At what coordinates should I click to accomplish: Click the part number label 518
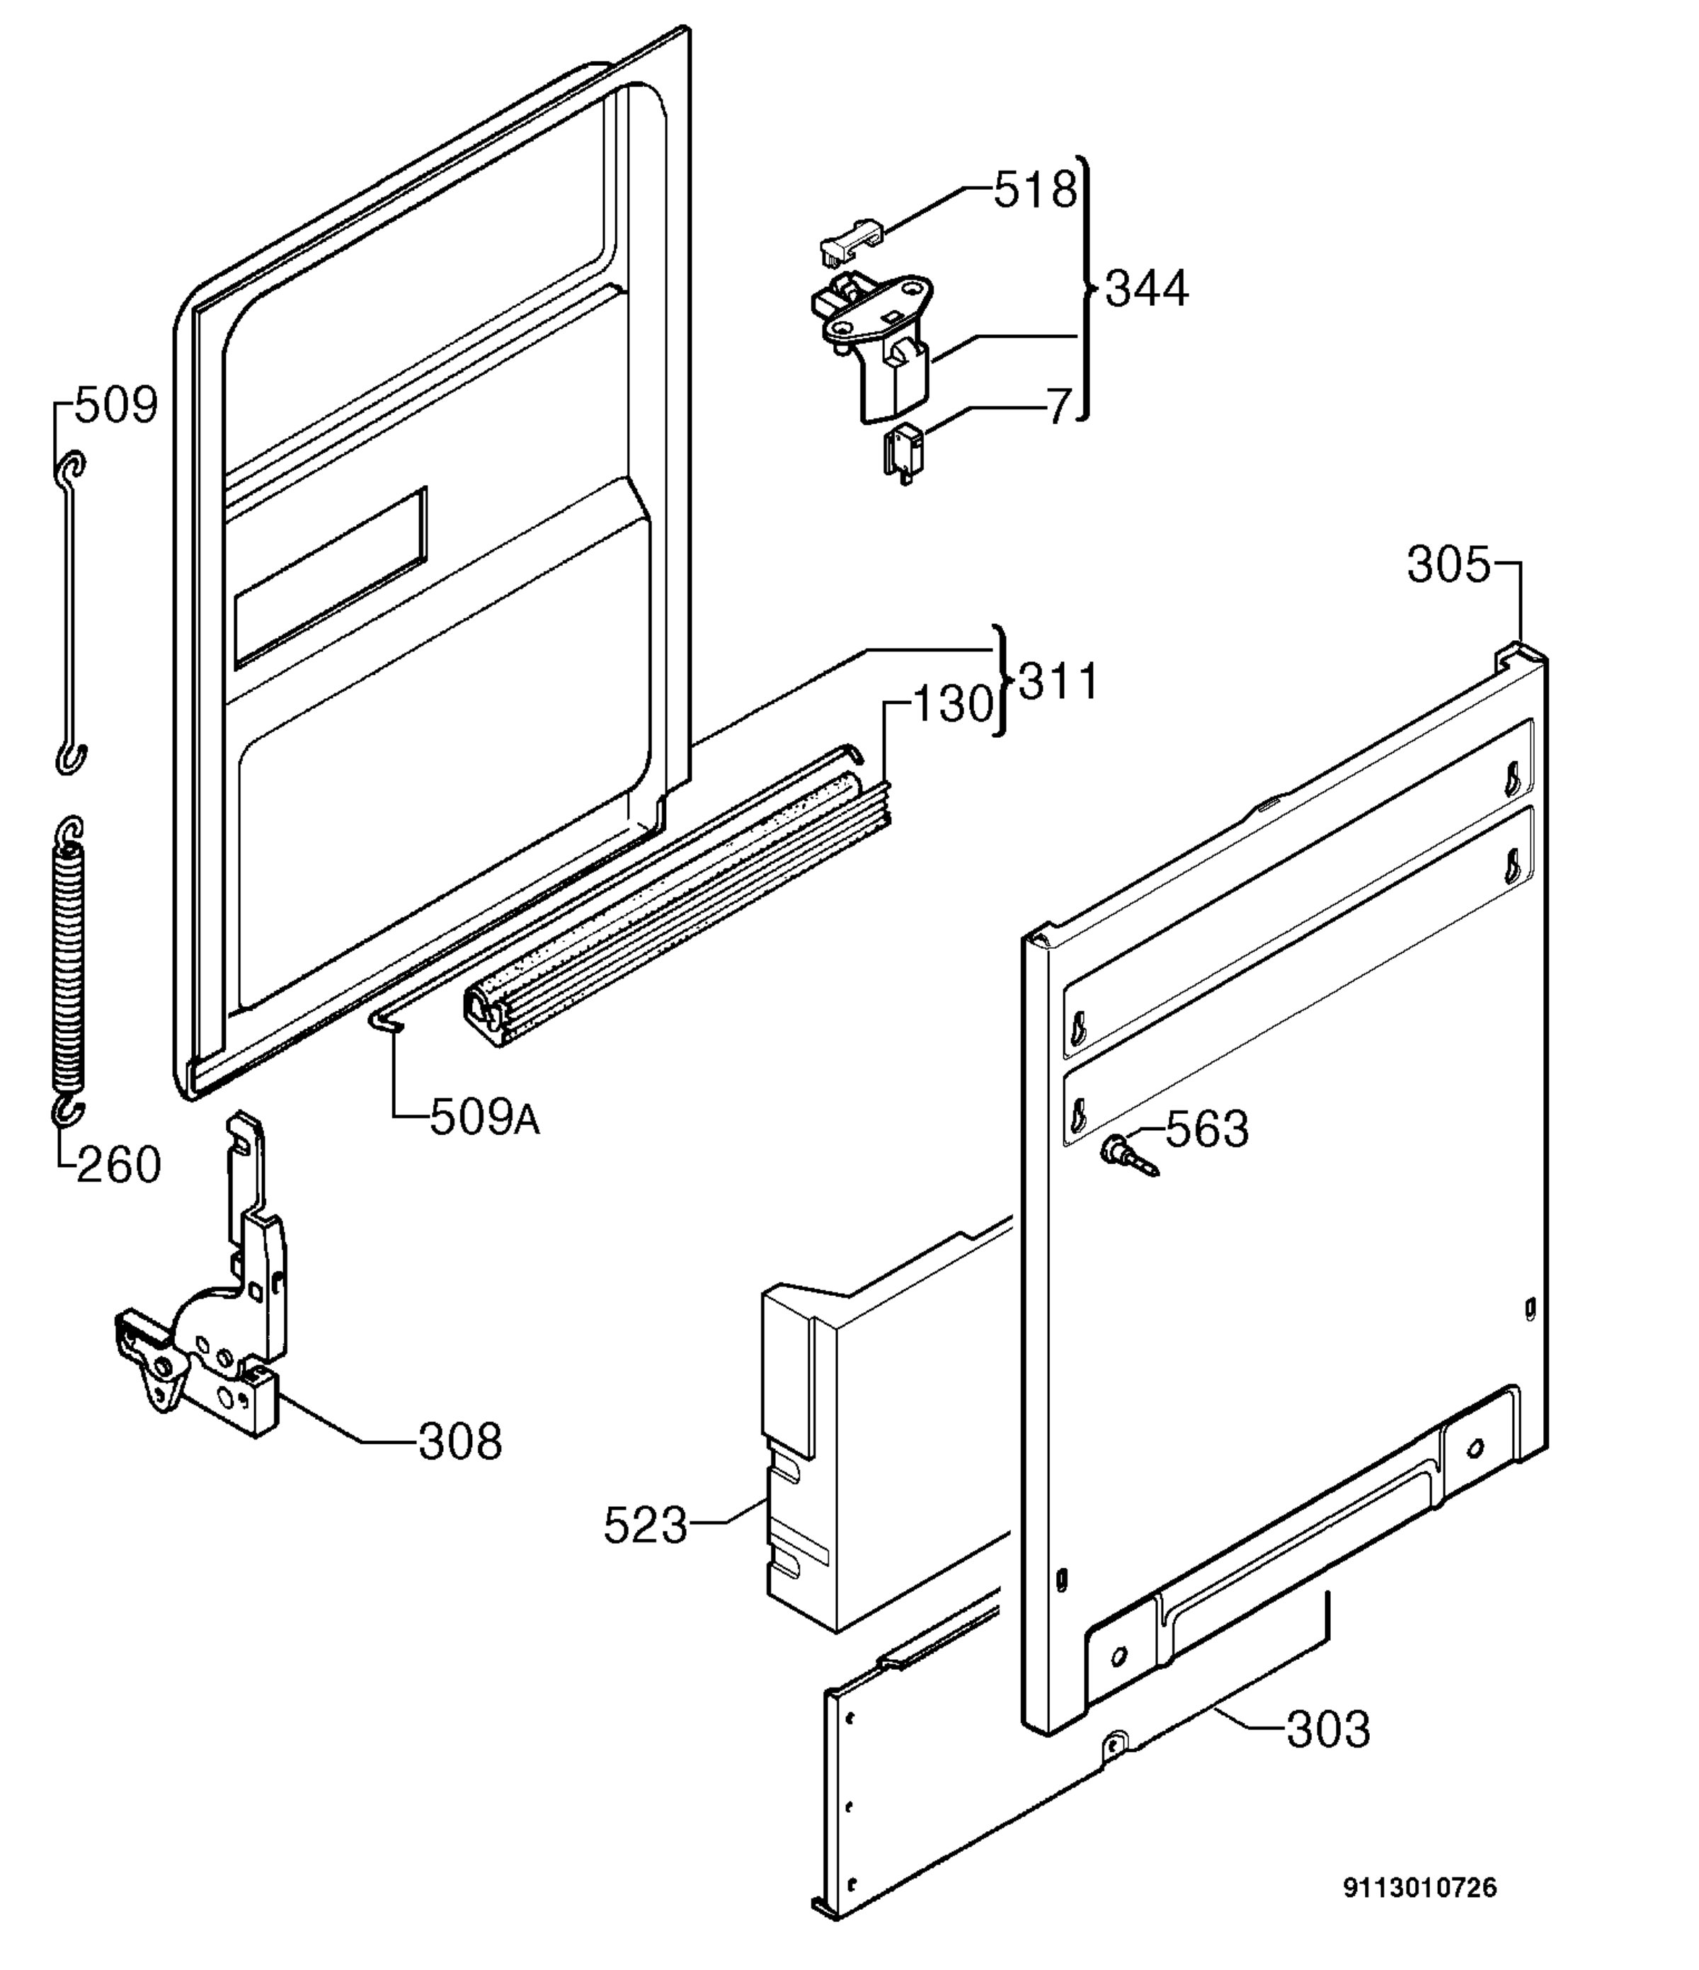tap(1036, 190)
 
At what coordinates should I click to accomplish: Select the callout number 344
tap(1147, 288)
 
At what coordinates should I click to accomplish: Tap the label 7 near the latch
tap(1059, 407)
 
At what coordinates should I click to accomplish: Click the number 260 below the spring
tap(119, 1165)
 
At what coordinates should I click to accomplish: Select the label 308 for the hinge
tap(460, 1441)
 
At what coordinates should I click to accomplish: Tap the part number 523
tap(645, 1526)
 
